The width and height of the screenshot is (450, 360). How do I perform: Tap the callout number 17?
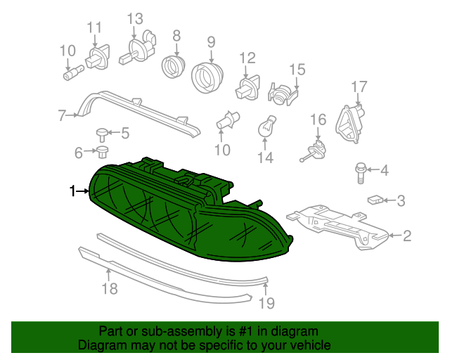[x=359, y=86]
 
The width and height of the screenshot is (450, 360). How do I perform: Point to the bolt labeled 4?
[x=360, y=169]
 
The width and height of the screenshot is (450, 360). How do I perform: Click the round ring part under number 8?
[x=173, y=67]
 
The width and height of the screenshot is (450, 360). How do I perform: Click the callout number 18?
[x=109, y=288]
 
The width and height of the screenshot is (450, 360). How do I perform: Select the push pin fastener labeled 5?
[x=103, y=132]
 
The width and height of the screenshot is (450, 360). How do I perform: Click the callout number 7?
[x=62, y=115]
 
